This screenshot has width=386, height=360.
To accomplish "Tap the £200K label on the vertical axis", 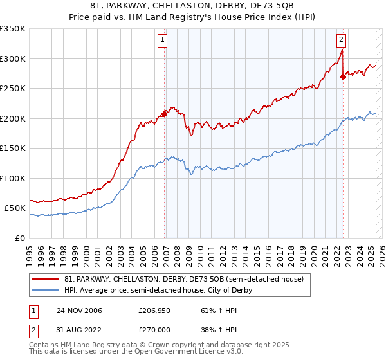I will pyautogui.click(x=13, y=119).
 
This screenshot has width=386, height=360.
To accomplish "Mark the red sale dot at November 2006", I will pyautogui.click(x=165, y=114).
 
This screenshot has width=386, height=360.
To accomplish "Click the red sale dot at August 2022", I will pyautogui.click(x=343, y=77).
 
